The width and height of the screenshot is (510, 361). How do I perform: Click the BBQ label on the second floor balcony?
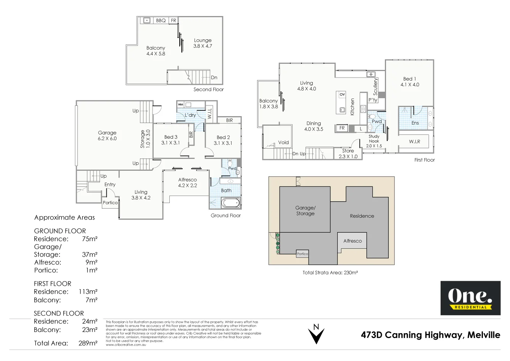click(x=161, y=21)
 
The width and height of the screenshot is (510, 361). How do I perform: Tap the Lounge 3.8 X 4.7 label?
click(x=203, y=43)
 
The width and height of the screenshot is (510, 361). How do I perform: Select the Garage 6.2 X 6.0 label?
click(x=107, y=136)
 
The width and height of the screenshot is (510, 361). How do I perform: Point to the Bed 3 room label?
click(x=171, y=140)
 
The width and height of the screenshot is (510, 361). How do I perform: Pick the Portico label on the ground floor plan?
click(x=110, y=203)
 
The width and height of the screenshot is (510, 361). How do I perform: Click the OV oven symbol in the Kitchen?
click(x=342, y=94)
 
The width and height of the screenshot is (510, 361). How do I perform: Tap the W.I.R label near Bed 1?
click(x=415, y=142)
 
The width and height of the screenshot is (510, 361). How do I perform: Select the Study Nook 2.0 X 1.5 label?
click(x=374, y=141)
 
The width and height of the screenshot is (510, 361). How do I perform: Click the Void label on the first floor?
click(x=283, y=142)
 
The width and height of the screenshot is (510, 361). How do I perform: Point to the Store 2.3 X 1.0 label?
click(x=348, y=154)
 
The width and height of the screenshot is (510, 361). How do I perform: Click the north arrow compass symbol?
click(x=316, y=334)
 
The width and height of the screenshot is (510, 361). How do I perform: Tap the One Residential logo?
click(x=470, y=298)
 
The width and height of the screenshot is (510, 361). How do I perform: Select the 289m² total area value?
click(x=88, y=343)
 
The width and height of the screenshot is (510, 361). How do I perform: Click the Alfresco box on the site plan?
click(x=352, y=241)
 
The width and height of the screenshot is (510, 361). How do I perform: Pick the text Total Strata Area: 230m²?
click(x=330, y=273)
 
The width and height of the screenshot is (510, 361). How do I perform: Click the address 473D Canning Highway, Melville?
click(x=430, y=335)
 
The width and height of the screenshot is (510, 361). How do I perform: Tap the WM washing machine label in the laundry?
click(x=180, y=104)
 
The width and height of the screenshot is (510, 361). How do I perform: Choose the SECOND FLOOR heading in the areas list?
click(x=59, y=314)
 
